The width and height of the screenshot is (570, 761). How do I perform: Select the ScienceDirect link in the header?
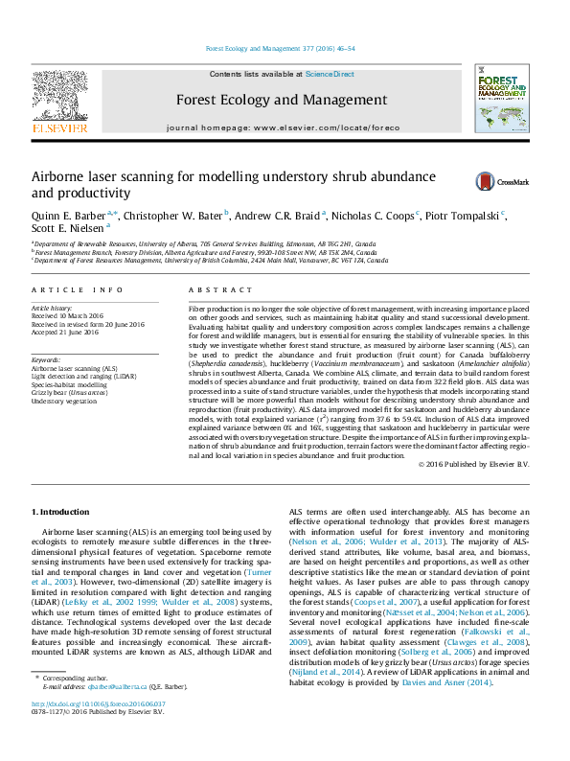[x=330, y=74]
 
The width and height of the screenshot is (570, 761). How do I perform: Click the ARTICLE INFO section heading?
[x=78, y=289]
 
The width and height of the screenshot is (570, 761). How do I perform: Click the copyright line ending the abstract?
[x=475, y=464]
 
